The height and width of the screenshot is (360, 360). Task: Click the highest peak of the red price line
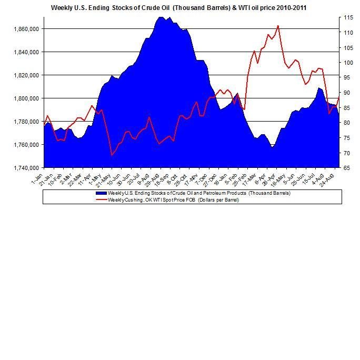tap(278, 25)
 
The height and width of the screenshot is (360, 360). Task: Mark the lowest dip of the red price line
tap(112, 155)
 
